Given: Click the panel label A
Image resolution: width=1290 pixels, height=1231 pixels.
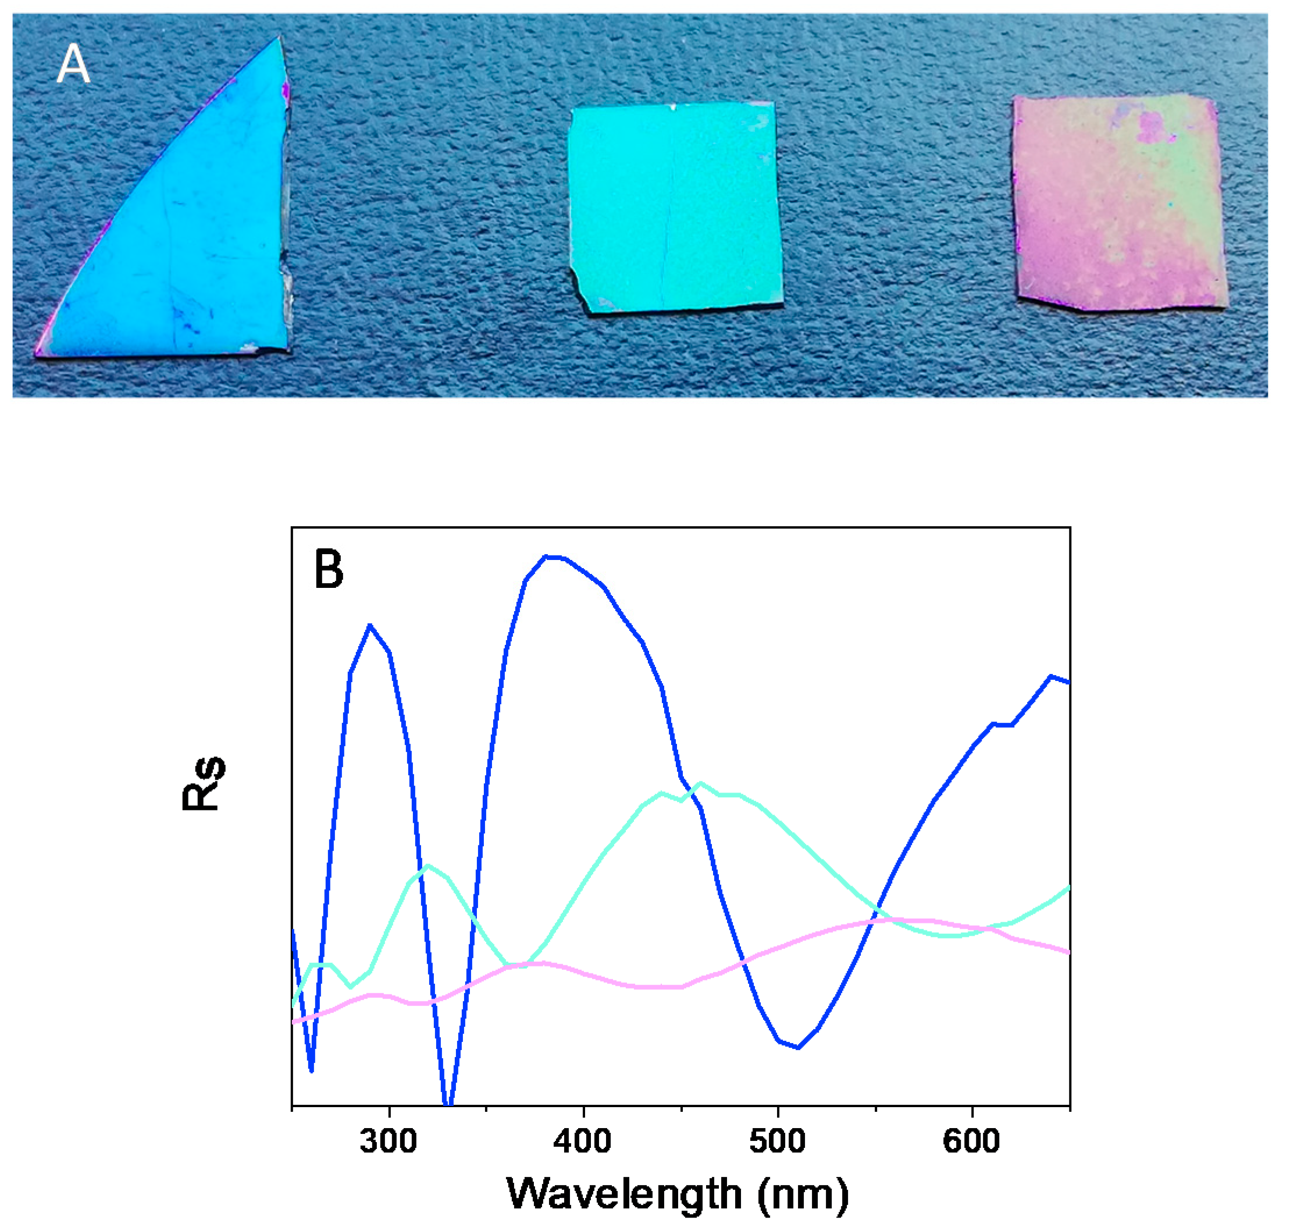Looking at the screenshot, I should click(73, 66).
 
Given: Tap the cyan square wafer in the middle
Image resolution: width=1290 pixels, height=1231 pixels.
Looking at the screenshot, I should click(676, 206).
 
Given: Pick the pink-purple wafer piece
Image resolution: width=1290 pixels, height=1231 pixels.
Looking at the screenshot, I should click(1119, 204).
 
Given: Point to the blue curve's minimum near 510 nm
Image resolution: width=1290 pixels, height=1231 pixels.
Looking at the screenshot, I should click(798, 1047).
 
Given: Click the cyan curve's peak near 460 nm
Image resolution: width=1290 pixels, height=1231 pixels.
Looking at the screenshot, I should click(701, 783).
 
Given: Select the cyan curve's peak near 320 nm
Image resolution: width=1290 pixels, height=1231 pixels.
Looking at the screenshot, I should click(428, 865).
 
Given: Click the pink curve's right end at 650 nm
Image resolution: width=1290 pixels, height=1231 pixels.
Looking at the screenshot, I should click(1068, 951).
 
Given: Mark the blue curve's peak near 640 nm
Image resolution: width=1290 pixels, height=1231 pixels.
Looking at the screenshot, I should click(1050, 676).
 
